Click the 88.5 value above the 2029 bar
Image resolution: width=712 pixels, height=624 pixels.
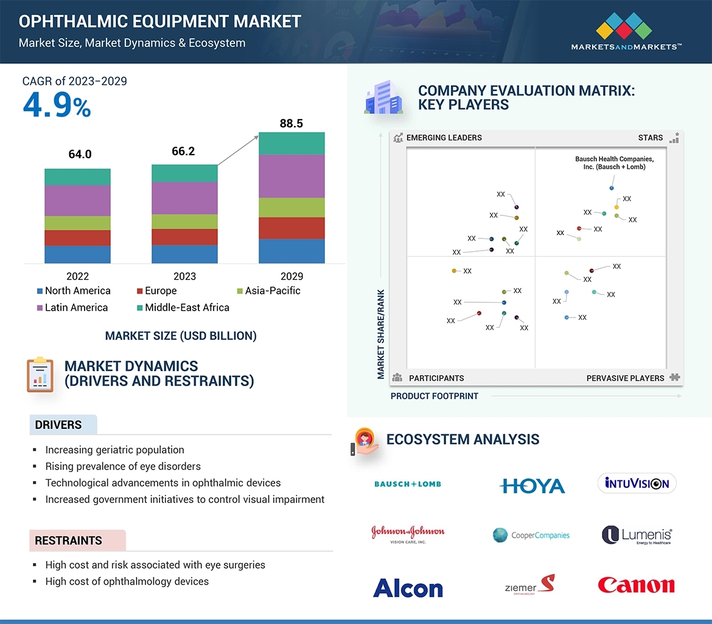pyautogui.click(x=291, y=123)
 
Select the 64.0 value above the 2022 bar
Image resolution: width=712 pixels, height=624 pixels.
pyautogui.click(x=80, y=154)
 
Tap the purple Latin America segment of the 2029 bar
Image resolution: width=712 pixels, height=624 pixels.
pyautogui.click(x=291, y=176)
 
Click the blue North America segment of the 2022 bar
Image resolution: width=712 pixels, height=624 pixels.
pyautogui.click(x=77, y=254)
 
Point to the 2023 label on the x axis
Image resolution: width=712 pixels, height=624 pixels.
pyautogui.click(x=184, y=276)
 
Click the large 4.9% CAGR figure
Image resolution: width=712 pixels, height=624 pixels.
pyautogui.click(x=57, y=106)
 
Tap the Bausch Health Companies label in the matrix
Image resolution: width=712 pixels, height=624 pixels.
pyautogui.click(x=614, y=163)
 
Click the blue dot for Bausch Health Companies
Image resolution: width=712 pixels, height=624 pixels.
pyautogui.click(x=612, y=188)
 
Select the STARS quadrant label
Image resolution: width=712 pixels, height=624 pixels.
pyautogui.click(x=650, y=137)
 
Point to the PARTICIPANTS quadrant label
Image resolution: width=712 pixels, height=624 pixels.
pyautogui.click(x=436, y=378)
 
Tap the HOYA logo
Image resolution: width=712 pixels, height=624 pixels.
pyautogui.click(x=532, y=485)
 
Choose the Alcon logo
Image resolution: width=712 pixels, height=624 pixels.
pyautogui.click(x=408, y=588)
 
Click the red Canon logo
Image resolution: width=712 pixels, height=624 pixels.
pyautogui.click(x=636, y=585)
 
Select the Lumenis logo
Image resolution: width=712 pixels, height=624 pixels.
pyautogui.click(x=637, y=535)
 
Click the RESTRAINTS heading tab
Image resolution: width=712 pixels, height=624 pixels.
pyautogui.click(x=68, y=541)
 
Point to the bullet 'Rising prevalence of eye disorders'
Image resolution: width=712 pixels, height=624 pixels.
pyautogui.click(x=123, y=466)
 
